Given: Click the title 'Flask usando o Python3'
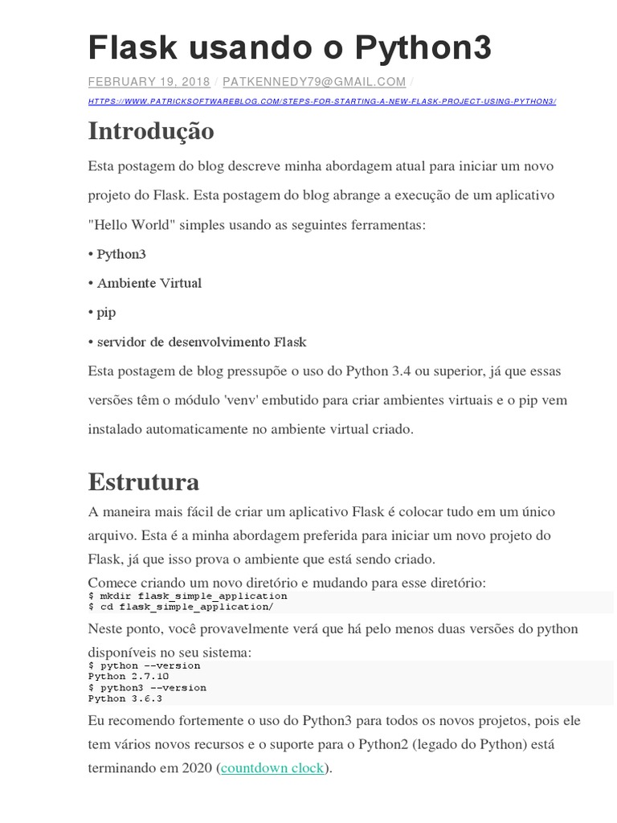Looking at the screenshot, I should coord(289,49).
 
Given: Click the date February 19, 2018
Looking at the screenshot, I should coord(149,82).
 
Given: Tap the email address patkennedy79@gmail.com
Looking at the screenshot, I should coord(314,82).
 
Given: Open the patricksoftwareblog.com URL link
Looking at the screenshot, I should coord(321,101).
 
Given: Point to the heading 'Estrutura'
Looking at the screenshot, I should coord(144,482).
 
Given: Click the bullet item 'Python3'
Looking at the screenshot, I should coord(121,254).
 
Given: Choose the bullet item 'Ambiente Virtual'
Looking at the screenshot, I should coord(149,283).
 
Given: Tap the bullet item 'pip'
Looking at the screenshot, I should coord(106,313).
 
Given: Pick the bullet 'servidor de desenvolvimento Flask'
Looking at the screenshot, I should coord(202,342).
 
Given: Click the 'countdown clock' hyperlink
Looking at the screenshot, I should coord(272,768).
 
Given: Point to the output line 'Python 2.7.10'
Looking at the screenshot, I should coord(129,677).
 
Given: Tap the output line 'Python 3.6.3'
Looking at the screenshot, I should coord(125,698).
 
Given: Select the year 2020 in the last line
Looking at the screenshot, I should coord(198,768).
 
